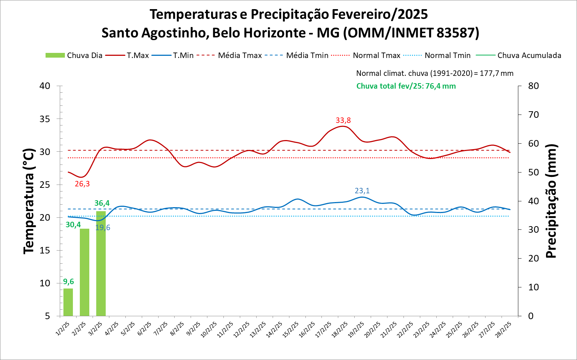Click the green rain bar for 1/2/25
point(68,302)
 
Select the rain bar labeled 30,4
point(85,272)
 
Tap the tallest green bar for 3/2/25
point(101,263)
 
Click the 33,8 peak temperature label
point(343,120)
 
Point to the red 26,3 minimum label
point(82,184)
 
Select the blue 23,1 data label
point(362,191)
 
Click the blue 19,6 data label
point(103,228)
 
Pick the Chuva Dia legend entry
point(74,55)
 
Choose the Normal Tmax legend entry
point(366,55)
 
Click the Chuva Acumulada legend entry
point(518,55)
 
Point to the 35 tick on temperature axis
point(45,119)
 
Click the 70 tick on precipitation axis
point(533,115)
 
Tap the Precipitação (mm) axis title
point(551,201)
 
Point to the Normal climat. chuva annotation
point(434,73)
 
